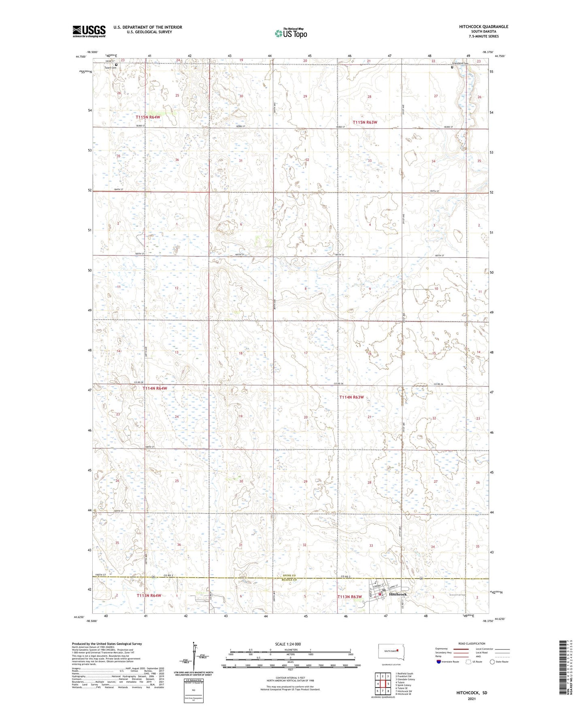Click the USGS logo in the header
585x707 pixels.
click(89, 31)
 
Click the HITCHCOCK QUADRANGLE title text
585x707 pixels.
click(483, 27)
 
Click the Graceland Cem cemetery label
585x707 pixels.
click(460, 63)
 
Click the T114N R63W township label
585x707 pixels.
click(351, 397)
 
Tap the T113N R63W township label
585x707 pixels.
click(349, 596)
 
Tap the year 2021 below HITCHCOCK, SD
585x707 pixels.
click(472, 698)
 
